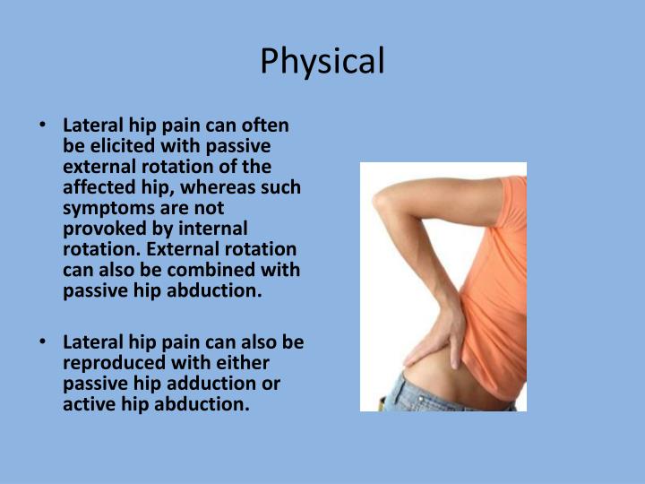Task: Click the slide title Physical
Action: pyautogui.click(x=322, y=61)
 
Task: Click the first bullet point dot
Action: pyautogui.click(x=43, y=125)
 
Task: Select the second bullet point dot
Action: pyautogui.click(x=43, y=341)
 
